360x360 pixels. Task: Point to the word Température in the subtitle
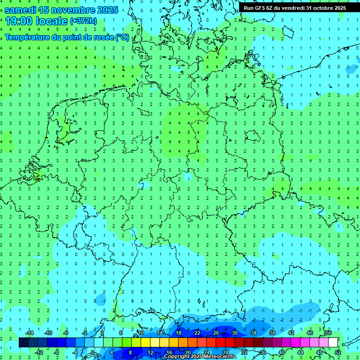pyautogui.click(x=28, y=37)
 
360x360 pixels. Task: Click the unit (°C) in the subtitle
pyautogui.click(x=122, y=37)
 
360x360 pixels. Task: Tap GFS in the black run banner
pyautogui.click(x=261, y=7)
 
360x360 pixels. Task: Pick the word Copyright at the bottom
pyautogui.click(x=177, y=357)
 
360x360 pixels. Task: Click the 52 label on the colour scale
pyautogui.click(x=338, y=352)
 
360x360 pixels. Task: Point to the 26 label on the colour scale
pyautogui.click(x=216, y=333)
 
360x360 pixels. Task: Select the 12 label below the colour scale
pyautogui.click(x=150, y=352)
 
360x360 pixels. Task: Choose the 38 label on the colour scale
pyautogui.click(x=272, y=333)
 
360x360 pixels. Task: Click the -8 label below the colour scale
pyautogui.click(x=56, y=352)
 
